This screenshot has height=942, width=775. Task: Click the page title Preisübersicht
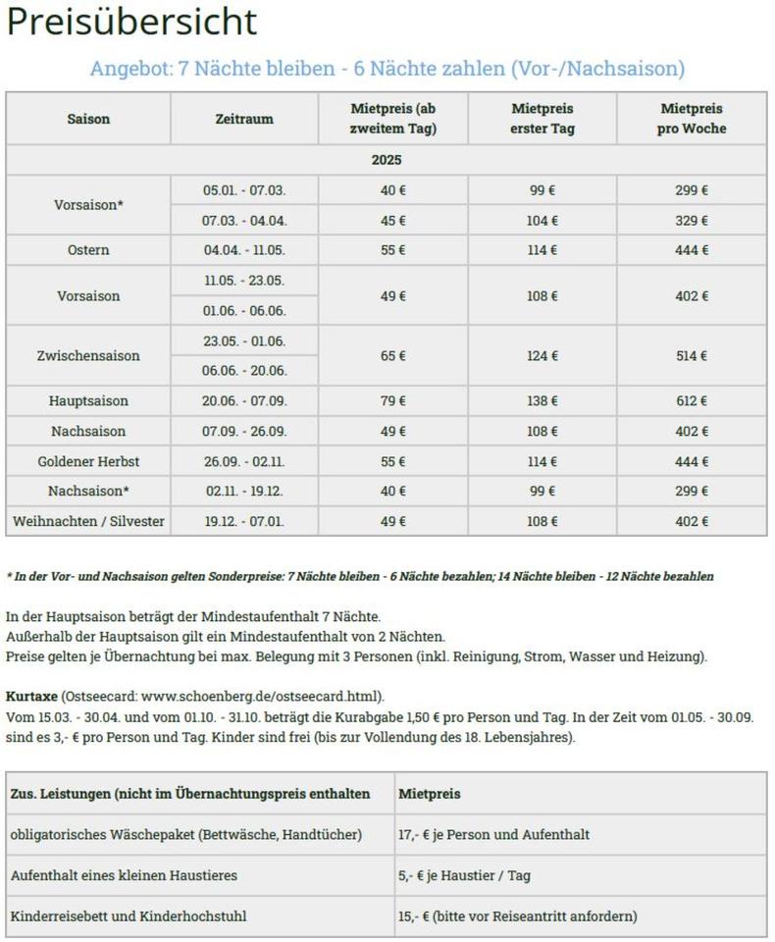point(131,22)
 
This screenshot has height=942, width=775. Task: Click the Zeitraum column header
point(244,119)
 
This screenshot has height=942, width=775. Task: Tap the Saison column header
point(88,119)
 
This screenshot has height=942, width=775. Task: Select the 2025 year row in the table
point(387,160)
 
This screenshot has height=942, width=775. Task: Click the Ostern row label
point(88,250)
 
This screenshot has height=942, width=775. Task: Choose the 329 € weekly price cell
point(692,221)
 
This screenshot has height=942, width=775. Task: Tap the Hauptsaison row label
point(88,401)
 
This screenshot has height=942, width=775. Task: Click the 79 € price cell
point(393,401)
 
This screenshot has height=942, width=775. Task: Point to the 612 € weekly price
point(692,401)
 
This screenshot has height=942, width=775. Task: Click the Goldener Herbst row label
point(88,461)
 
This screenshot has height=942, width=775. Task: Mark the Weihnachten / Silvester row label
point(88,521)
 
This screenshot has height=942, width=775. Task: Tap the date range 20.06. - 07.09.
point(244,401)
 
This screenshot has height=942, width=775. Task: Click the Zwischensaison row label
point(88,355)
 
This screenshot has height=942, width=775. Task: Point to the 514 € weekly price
point(692,355)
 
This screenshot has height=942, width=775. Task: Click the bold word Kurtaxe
point(30,695)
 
